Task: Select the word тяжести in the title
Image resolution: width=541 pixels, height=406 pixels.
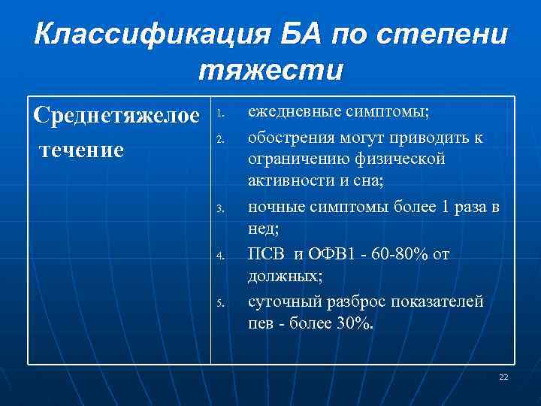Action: [x=270, y=70]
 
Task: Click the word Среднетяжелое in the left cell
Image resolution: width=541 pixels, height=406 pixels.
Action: [x=116, y=116]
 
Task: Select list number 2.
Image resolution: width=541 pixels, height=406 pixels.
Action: [x=219, y=139]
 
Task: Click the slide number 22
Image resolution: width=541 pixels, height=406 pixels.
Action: [x=503, y=377]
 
